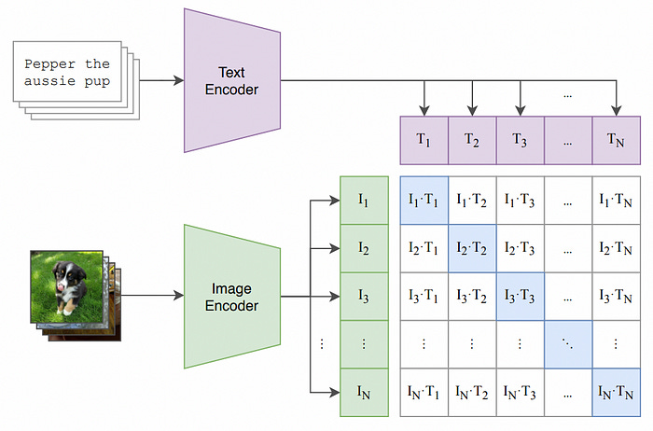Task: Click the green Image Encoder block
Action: click(233, 297)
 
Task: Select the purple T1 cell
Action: click(424, 141)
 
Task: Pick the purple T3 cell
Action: click(520, 141)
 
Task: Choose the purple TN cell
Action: click(616, 141)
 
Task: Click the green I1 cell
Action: click(364, 200)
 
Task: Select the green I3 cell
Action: click(364, 296)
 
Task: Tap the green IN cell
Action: click(364, 392)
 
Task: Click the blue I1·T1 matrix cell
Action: click(424, 200)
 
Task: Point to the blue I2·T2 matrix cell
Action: click(472, 248)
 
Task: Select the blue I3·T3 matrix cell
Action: click(520, 296)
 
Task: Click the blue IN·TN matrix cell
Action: click(616, 392)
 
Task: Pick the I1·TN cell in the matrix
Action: click(616, 200)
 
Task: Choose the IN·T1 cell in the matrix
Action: click(424, 392)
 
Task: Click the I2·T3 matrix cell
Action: click(520, 248)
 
